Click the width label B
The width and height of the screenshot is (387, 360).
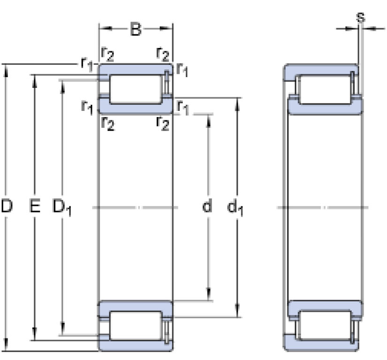[136, 29]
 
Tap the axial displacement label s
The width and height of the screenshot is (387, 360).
[361, 17]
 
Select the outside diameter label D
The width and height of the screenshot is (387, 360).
[7, 206]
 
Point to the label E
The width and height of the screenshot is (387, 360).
[35, 206]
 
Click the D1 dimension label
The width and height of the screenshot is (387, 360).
[62, 208]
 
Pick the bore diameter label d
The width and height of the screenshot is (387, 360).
[207, 205]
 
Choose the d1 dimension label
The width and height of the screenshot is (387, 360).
[235, 207]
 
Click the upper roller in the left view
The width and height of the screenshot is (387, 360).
[136, 89]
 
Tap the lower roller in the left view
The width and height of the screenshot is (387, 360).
[136, 326]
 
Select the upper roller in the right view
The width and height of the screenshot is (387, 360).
[325, 89]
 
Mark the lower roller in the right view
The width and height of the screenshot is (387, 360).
[325, 325]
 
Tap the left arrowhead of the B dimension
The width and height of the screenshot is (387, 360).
[104, 29]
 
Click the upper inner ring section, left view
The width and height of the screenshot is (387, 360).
[136, 107]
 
